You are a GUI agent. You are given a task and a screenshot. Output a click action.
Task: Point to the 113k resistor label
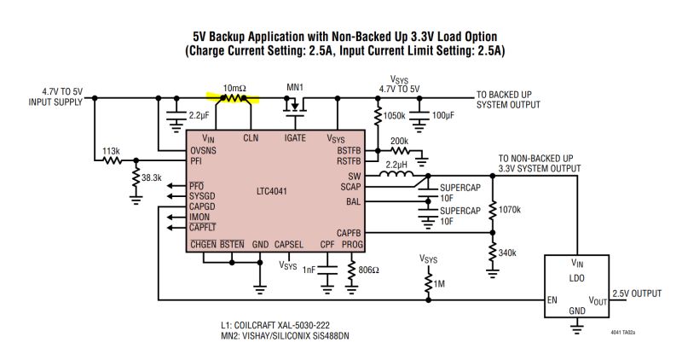[110, 150]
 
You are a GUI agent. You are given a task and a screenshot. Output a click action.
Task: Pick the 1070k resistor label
[510, 208]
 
